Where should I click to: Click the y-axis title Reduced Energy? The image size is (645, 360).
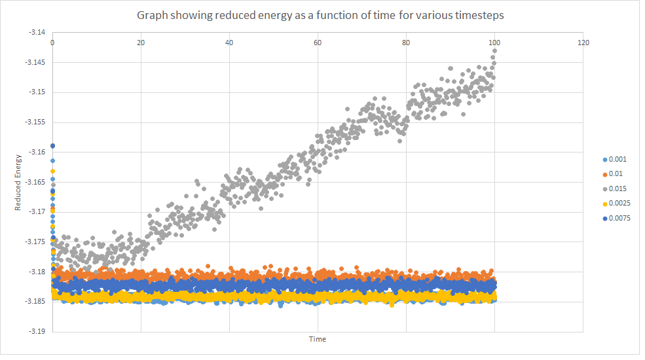[18, 182]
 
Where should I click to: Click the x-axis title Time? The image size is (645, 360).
[318, 339]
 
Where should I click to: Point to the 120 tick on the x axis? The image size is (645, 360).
[583, 43]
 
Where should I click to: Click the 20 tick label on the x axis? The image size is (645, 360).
[141, 43]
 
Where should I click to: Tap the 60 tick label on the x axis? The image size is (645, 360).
[318, 43]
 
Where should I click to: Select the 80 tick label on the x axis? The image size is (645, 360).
[406, 43]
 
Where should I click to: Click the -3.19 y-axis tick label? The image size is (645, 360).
[37, 332]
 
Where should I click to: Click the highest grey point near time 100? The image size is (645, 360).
[494, 50]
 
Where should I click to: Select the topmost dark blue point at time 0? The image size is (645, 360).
[52, 146]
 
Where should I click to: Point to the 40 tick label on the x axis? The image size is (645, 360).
[229, 43]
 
